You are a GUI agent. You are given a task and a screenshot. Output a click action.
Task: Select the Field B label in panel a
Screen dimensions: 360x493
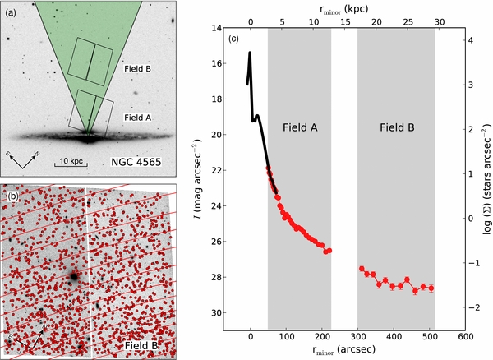click(136, 68)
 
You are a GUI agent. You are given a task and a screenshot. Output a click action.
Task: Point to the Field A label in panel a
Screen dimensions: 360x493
click(137, 117)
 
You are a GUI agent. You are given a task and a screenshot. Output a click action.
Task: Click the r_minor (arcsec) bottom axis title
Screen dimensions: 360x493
click(340, 348)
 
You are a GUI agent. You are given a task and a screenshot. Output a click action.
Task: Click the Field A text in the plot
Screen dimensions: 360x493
click(299, 128)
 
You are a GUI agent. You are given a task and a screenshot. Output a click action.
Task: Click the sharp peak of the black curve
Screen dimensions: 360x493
click(249, 53)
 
